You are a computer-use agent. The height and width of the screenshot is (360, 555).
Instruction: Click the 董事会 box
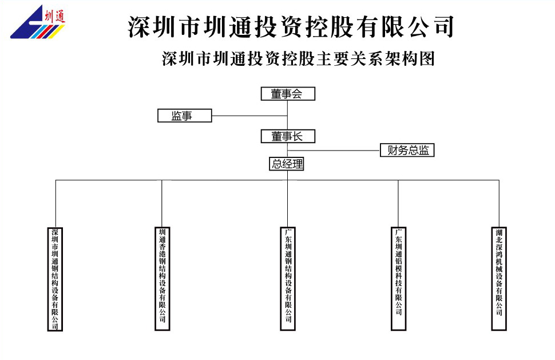click(x=288, y=94)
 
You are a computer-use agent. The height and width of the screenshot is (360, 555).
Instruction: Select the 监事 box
click(x=184, y=116)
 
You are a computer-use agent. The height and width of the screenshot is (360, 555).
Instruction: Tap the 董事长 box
click(x=288, y=136)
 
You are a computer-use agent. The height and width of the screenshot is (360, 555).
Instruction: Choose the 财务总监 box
click(x=407, y=151)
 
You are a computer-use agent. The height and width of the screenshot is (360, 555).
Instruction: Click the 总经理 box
click(x=287, y=164)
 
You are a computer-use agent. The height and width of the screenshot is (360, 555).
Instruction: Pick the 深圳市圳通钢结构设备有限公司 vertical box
click(x=55, y=279)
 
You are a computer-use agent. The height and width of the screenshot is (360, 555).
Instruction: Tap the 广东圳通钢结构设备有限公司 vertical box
click(x=288, y=278)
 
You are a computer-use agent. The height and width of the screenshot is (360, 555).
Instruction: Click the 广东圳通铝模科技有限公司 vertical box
click(x=399, y=278)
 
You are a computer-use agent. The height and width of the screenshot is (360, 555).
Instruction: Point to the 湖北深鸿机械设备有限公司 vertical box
click(x=499, y=278)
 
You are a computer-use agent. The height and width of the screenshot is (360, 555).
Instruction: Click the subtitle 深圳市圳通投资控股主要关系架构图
click(x=298, y=59)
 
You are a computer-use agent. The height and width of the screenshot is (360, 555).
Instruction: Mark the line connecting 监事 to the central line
click(x=249, y=116)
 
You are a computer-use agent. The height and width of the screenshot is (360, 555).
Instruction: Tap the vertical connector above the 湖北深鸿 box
click(x=499, y=203)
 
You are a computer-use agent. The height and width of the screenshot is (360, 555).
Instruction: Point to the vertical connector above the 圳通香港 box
click(x=162, y=203)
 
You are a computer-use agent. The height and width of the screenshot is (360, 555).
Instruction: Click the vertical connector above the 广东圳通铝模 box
click(x=399, y=203)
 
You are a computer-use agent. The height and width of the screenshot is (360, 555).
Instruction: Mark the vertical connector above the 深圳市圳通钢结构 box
click(x=55, y=203)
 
